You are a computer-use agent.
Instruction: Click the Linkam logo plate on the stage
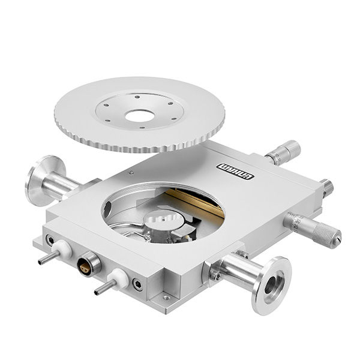[x=235, y=172]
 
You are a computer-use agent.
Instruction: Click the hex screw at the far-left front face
[x=50, y=241]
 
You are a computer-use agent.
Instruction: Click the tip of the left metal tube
[x=41, y=262]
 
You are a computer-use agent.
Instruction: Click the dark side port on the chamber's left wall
[x=107, y=209]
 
